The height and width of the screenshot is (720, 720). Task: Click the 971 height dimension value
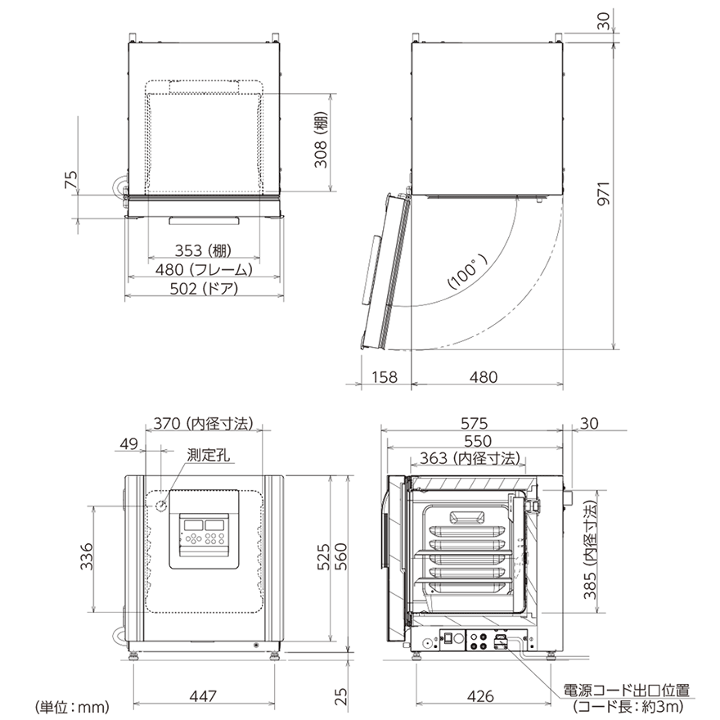coord(605,193)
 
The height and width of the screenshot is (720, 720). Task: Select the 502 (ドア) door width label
coord(205,288)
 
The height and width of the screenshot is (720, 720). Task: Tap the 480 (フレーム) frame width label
coord(204,269)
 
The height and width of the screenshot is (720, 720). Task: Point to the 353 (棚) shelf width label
coord(204,250)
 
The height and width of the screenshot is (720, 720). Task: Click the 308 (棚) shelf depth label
coord(321,140)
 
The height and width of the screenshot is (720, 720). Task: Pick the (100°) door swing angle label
coord(468,273)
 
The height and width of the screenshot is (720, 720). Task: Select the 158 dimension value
coord(385,377)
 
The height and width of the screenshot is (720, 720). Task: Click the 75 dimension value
coord(72,179)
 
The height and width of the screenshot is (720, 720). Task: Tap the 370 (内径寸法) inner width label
coord(203,423)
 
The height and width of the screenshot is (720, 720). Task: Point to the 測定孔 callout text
coord(209,456)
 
